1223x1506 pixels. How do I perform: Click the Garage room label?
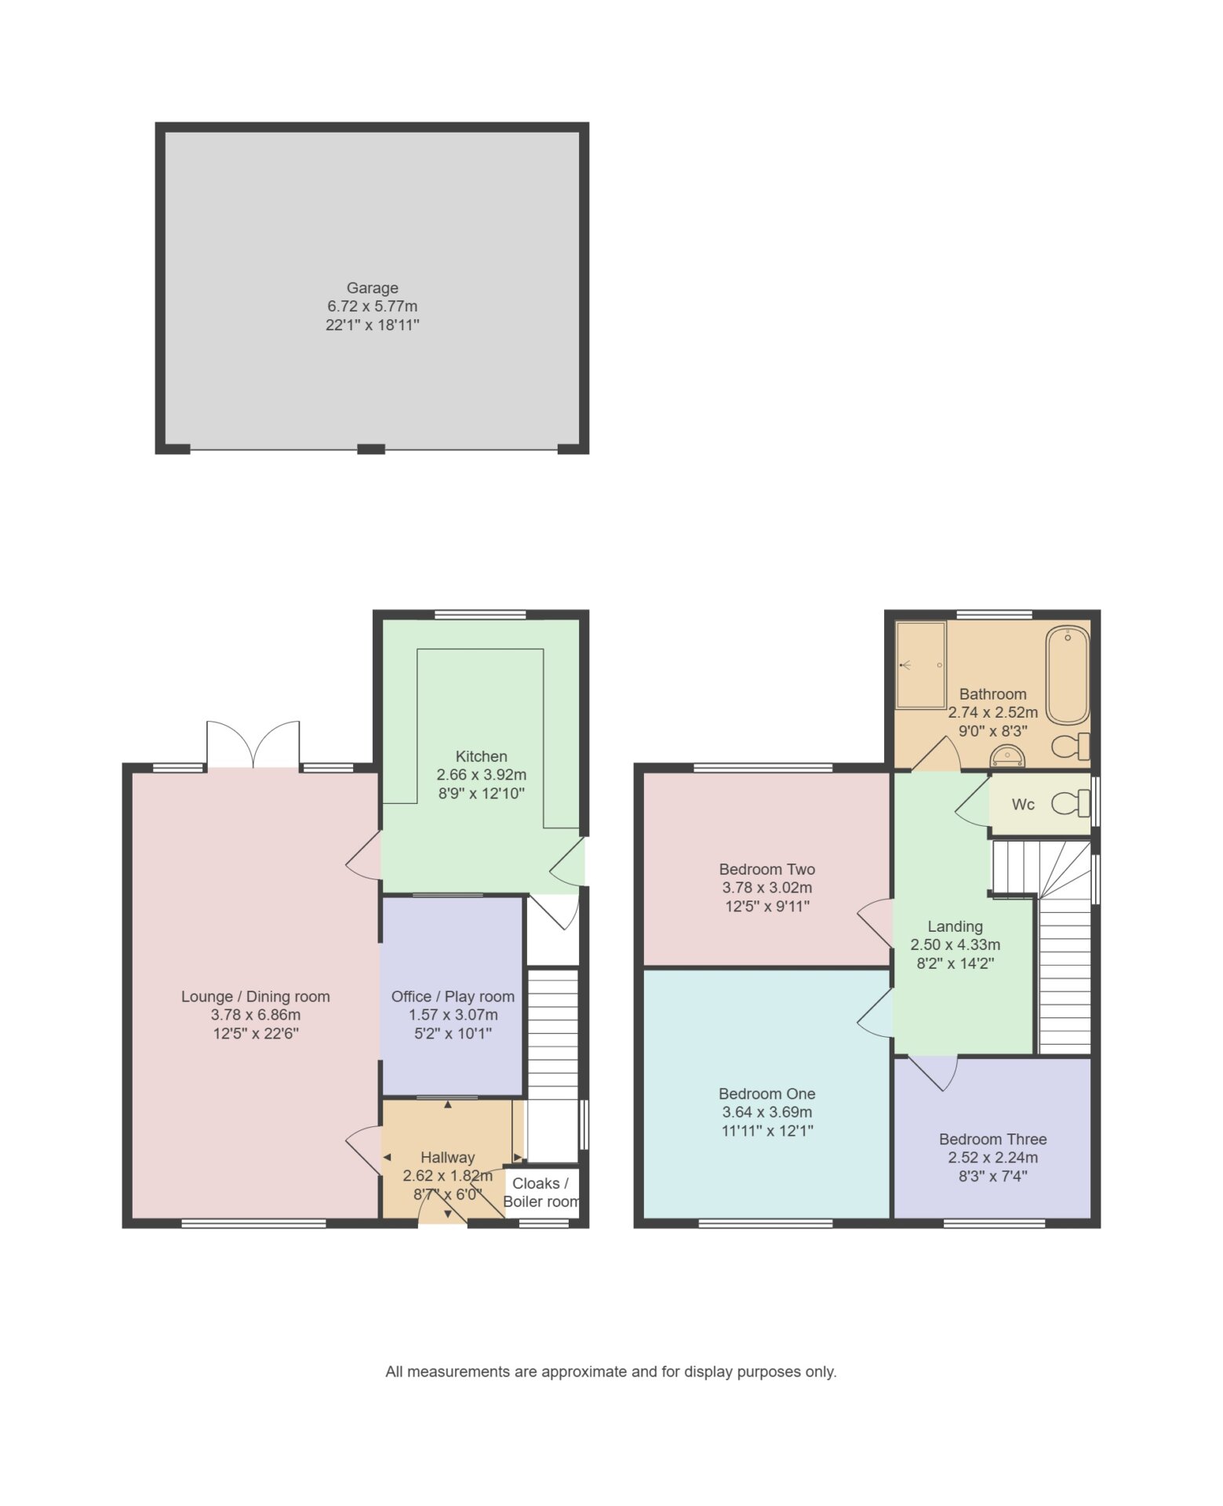(x=372, y=288)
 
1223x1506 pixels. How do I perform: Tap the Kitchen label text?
(x=481, y=756)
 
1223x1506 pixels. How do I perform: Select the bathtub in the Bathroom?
(x=1067, y=675)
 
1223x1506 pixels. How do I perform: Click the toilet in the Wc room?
(x=1071, y=803)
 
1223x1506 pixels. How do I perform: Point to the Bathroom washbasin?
(x=1007, y=756)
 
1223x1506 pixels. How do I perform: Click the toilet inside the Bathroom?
(x=1071, y=746)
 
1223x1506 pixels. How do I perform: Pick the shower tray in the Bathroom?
(x=921, y=665)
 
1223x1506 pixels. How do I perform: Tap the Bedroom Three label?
(x=992, y=1139)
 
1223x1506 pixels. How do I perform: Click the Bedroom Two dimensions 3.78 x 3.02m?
(x=766, y=888)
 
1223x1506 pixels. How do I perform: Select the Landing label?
(x=955, y=926)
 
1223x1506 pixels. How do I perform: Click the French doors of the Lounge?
(x=253, y=745)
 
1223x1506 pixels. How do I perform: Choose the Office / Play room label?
(x=453, y=996)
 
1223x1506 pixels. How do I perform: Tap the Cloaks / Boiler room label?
(x=541, y=1192)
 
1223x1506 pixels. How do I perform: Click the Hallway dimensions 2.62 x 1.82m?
(x=447, y=1176)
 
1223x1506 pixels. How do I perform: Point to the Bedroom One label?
(x=766, y=1093)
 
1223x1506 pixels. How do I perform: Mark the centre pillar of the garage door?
(x=371, y=449)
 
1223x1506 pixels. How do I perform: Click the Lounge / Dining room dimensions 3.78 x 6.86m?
(x=256, y=1015)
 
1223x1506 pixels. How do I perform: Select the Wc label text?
(x=1023, y=804)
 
